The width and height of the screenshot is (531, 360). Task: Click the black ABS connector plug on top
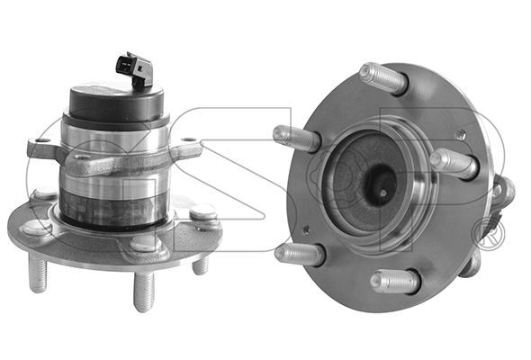pyautogui.click(x=134, y=69)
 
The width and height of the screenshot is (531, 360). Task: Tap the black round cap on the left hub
pyautogui.click(x=116, y=102)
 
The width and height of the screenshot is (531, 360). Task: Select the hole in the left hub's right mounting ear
pyautogui.click(x=189, y=139)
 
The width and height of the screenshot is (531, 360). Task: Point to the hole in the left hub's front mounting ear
pyautogui.click(x=81, y=157)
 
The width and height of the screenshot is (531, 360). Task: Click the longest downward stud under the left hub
pyautogui.click(x=144, y=292)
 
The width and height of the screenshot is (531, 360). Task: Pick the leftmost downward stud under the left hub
pyautogui.click(x=38, y=273)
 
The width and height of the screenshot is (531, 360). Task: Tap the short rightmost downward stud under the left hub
pyautogui.click(x=201, y=265)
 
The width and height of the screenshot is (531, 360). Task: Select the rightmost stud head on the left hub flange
pyautogui.click(x=202, y=212)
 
